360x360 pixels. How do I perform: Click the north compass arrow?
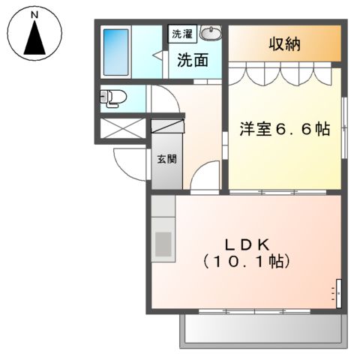tap(34, 38)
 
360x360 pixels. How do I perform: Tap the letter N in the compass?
tap(34, 13)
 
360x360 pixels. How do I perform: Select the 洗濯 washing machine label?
tap(182, 34)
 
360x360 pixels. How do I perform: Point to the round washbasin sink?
tap(212, 34)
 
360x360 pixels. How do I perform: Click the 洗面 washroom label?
tap(192, 61)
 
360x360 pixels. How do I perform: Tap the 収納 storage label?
tap(285, 44)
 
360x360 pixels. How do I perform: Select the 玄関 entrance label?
tap(167, 160)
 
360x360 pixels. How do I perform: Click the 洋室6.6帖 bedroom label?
tap(285, 130)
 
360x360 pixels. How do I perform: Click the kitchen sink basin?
tap(163, 244)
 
